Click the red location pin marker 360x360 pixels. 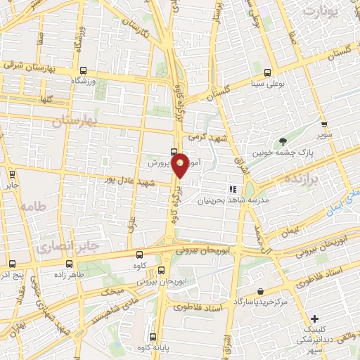pos(180,165)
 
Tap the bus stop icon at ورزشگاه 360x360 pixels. pos(84,70)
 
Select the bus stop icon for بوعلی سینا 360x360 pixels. pos(268,72)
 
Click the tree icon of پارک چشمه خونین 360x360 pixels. pos(283,142)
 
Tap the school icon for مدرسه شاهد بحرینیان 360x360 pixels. pos(231,190)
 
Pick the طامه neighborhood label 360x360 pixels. pos(32,207)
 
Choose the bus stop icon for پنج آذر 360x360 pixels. pos(12,264)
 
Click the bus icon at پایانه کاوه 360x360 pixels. pos(154,335)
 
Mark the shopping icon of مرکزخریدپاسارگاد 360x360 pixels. pos(261,291)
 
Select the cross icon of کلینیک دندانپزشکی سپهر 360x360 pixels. pos(314,318)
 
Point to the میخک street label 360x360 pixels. pos(112,290)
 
